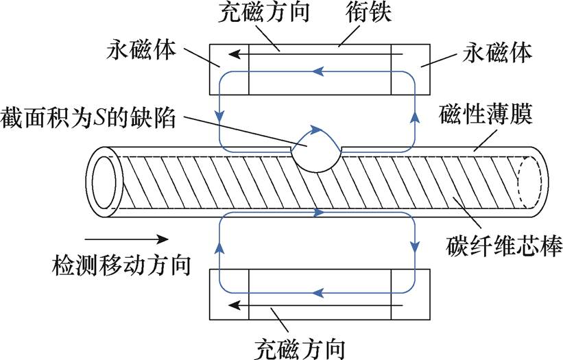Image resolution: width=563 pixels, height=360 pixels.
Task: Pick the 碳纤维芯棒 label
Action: (498, 245)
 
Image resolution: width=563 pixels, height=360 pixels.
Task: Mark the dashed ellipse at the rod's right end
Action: (533, 179)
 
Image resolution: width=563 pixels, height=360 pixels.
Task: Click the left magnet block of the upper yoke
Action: (228, 69)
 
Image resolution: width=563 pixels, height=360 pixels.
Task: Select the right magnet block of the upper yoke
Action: (405, 69)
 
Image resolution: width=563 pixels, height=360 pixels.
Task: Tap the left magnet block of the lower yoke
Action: (228, 295)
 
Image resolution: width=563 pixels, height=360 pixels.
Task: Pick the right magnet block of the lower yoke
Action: (405, 295)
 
